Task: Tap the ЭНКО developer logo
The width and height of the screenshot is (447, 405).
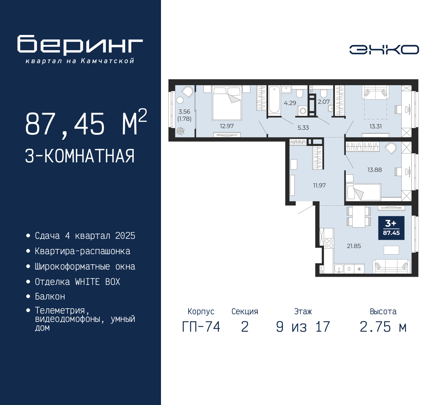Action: pyautogui.click(x=384, y=50)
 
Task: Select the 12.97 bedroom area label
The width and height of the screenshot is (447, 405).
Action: pyautogui.click(x=227, y=126)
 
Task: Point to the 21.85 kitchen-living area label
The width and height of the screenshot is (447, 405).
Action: pyautogui.click(x=354, y=246)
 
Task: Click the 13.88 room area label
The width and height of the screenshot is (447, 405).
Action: pyautogui.click(x=374, y=170)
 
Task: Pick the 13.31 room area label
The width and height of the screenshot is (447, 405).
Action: pyautogui.click(x=375, y=126)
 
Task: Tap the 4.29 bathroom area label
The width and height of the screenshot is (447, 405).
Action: pyautogui.click(x=290, y=103)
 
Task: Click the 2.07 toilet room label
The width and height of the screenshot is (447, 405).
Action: pyautogui.click(x=324, y=102)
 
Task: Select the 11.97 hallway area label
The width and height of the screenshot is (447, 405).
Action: pyautogui.click(x=319, y=185)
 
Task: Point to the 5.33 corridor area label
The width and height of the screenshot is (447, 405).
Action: pyautogui.click(x=303, y=128)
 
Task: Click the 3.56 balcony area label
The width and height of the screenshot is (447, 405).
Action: pyautogui.click(x=184, y=112)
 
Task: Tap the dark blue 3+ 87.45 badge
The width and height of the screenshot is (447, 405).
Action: pyautogui.click(x=391, y=228)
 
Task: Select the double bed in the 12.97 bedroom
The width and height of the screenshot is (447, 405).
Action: pyautogui.click(x=227, y=103)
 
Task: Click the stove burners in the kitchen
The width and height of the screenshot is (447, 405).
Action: pyautogui.click(x=329, y=243)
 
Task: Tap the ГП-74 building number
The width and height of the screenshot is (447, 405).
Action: pyautogui.click(x=201, y=327)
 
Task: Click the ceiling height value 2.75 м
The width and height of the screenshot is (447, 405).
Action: pyautogui.click(x=383, y=327)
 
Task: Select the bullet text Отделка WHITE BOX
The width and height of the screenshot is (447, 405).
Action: pyautogui.click(x=77, y=282)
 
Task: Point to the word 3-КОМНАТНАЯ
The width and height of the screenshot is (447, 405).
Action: pyautogui.click(x=80, y=156)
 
